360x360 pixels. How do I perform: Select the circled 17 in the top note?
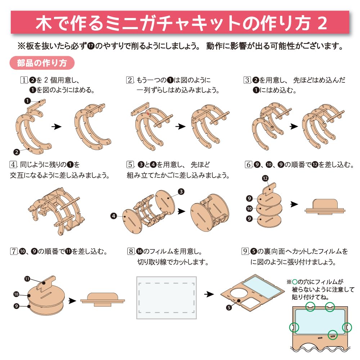click(91, 46)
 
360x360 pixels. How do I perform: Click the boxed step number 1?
click(24, 80)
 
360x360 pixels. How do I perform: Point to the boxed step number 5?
click(130, 165)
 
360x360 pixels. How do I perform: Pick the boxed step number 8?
click(131, 251)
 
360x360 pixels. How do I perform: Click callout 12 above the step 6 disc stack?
click(265, 179)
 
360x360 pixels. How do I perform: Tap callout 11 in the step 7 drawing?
click(27, 278)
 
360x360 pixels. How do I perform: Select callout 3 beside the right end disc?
click(181, 191)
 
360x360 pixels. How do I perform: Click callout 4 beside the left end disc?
click(114, 216)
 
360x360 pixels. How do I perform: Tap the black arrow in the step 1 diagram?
click(55, 127)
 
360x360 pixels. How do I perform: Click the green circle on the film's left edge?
click(294, 327)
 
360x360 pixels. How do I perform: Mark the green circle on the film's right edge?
click(347, 327)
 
